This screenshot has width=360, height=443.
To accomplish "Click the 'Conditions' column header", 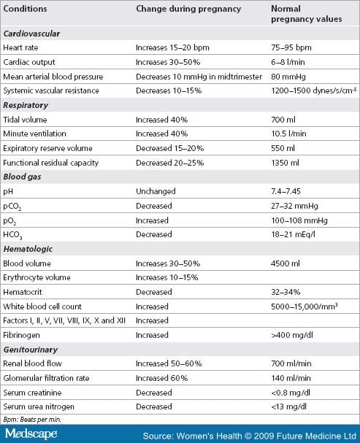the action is (25, 9).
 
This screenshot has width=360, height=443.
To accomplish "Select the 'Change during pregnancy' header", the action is (188, 9).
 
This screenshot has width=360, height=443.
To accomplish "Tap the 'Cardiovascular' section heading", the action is (31, 34).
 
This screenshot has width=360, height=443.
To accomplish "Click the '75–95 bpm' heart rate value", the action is (291, 47).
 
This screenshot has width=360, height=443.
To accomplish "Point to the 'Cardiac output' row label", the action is (29, 62).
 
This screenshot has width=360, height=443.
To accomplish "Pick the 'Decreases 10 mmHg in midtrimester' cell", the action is (199, 77).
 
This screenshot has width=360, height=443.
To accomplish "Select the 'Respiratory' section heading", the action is (26, 105).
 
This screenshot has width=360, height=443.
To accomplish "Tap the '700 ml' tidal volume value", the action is (283, 120).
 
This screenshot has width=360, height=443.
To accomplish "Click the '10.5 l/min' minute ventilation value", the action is (288, 134).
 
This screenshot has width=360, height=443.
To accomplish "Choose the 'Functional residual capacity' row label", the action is (51, 163).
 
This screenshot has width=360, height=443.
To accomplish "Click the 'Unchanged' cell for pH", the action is (156, 191).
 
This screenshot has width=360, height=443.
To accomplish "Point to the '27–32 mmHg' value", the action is (294, 206).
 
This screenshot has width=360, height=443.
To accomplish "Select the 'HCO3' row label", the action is (12, 235).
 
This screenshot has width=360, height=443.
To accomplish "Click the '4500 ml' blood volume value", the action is (285, 263).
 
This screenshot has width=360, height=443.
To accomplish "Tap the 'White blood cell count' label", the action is (42, 307).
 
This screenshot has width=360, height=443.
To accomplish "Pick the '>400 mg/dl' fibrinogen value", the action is (292, 336).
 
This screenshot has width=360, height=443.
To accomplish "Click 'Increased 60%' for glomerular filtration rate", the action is (161, 378).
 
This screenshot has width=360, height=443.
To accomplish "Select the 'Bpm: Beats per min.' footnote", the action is (32, 420).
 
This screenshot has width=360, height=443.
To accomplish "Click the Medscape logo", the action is (31, 434).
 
